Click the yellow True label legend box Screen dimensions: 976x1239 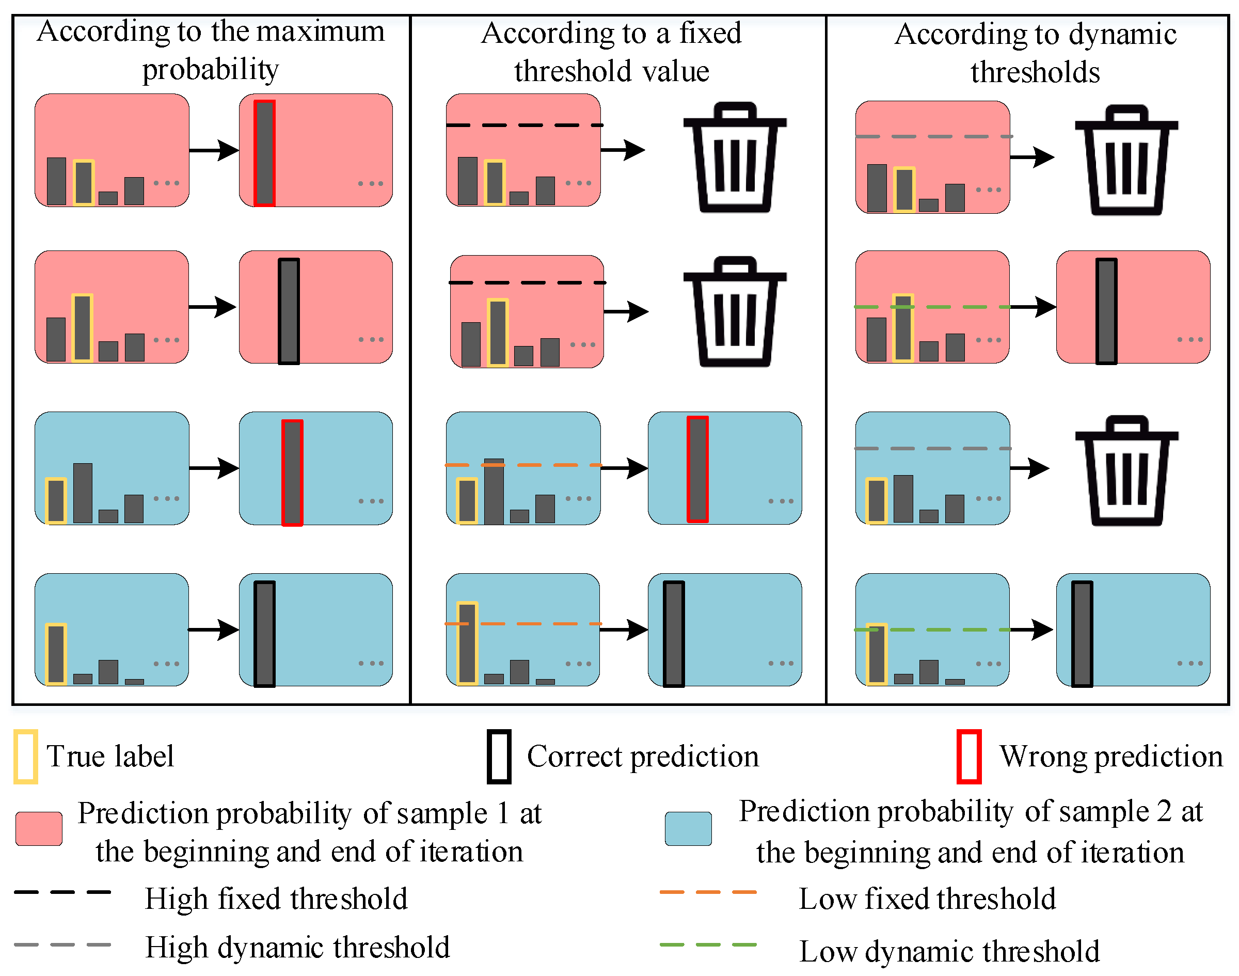click(x=26, y=756)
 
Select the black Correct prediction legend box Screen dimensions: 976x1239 click(x=499, y=756)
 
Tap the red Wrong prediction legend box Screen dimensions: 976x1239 click(x=969, y=756)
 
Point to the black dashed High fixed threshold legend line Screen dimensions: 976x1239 click(x=62, y=891)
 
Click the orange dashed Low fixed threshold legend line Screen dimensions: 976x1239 click(x=708, y=891)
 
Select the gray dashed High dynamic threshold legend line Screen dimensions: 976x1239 click(x=62, y=944)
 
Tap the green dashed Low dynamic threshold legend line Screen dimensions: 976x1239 click(x=708, y=944)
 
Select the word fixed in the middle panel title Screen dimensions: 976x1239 click(x=710, y=33)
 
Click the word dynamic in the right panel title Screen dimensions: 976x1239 click(x=1122, y=34)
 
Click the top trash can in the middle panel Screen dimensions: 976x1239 click(x=735, y=157)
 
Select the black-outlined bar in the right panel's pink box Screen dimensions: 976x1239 click(x=1106, y=311)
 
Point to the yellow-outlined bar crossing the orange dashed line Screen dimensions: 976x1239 click(x=467, y=643)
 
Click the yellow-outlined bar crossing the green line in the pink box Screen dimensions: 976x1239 click(x=902, y=327)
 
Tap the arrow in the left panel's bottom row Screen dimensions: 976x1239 click(x=213, y=629)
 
